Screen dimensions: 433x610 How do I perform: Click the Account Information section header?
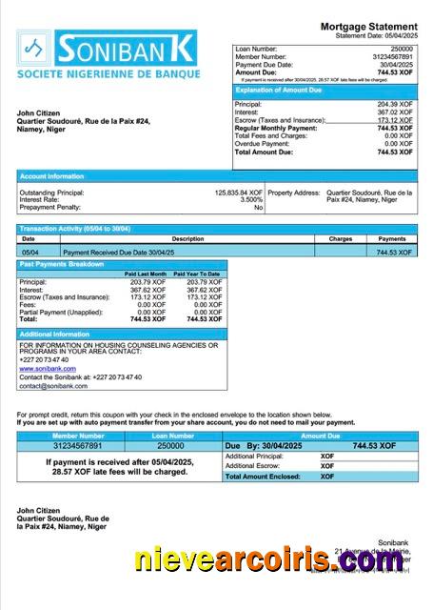52,176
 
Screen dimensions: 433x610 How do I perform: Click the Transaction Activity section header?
75,229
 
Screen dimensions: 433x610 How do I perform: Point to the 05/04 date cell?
29,252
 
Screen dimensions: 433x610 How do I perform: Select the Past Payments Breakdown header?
62,264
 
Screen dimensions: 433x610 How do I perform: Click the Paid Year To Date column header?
197,274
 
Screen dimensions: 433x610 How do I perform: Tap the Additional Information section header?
54,335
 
